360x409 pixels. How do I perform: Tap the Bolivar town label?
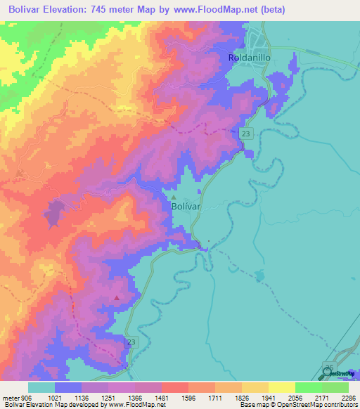click(186, 208)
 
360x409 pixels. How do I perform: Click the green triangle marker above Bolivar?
click(174, 197)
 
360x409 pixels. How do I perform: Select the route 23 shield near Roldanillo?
click(245, 134)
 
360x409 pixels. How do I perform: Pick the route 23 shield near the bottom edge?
click(131, 342)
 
